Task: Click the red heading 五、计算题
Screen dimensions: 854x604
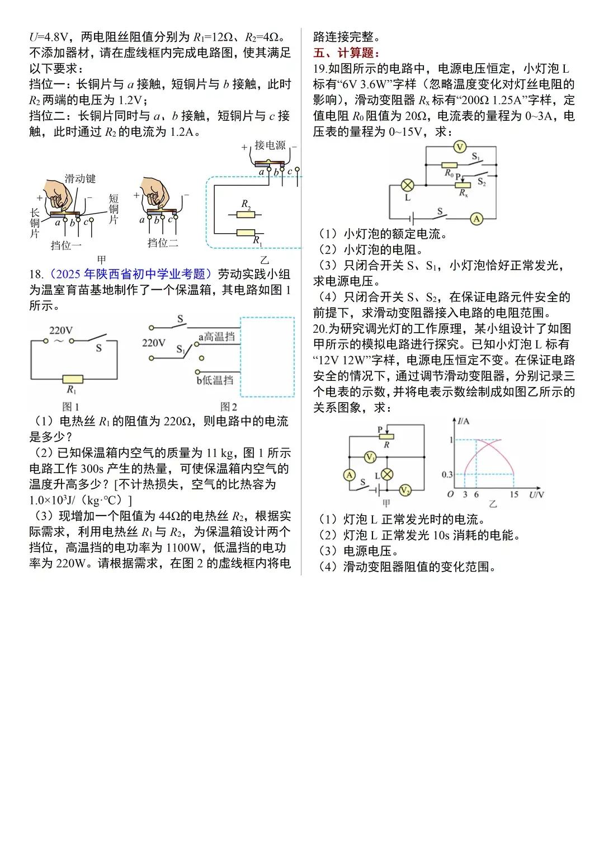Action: [346, 53]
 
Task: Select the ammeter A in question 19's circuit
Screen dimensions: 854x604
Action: [476, 219]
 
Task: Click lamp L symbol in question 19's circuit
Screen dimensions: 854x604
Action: [408, 185]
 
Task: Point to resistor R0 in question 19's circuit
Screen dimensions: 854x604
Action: [450, 166]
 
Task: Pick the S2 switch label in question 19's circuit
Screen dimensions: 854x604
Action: [482, 183]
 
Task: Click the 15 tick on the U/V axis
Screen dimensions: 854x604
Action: [514, 495]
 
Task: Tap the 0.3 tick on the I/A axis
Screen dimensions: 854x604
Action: [447, 474]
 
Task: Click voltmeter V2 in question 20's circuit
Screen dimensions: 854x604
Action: [405, 490]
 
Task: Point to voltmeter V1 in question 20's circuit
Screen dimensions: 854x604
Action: [369, 457]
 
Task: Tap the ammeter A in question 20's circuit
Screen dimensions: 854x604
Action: [349, 475]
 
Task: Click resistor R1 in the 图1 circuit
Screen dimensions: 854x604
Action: [72, 379]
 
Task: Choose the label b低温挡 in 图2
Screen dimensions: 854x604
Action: [215, 380]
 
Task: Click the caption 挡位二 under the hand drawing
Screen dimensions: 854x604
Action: [162, 243]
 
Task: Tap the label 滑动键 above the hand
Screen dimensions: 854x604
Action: [80, 178]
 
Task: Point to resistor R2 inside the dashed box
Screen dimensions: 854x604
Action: [246, 214]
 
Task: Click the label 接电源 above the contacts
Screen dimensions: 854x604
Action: [270, 145]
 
